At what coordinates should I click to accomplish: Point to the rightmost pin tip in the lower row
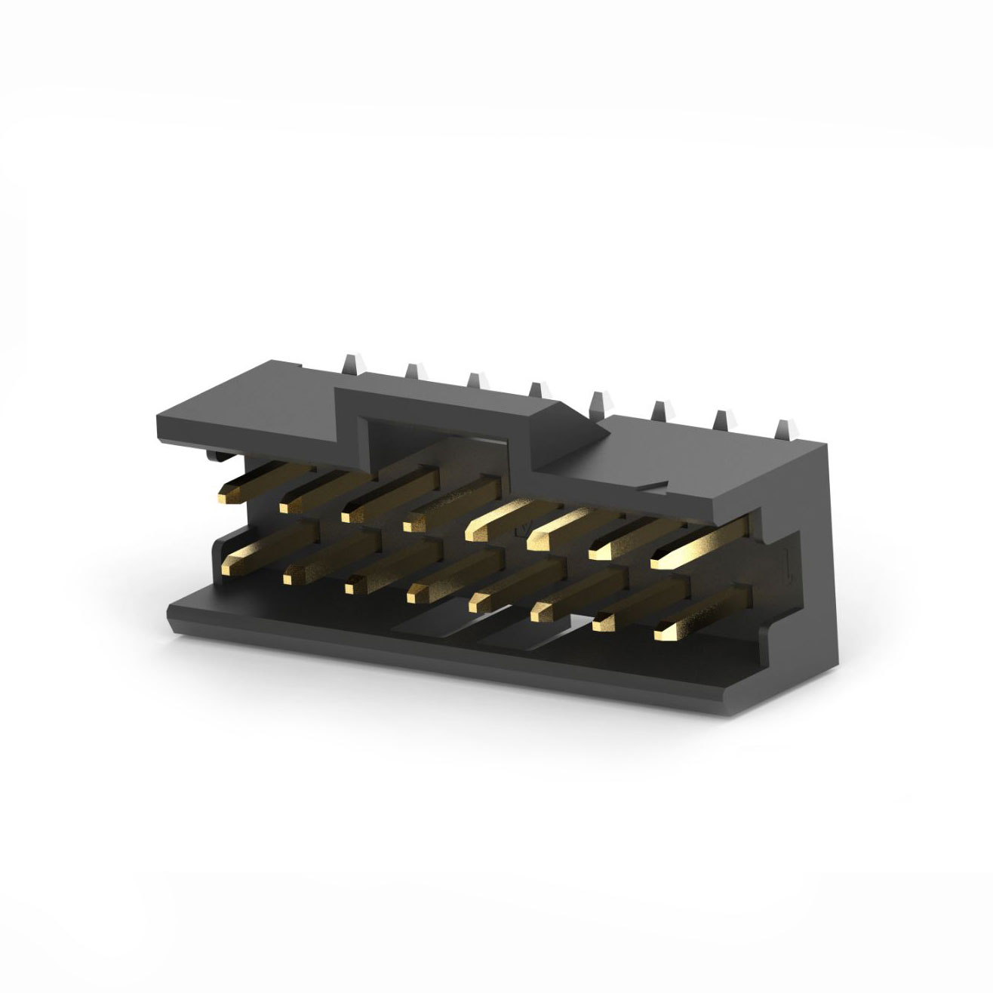[x=663, y=625]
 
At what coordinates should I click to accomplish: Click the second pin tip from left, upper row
[x=286, y=505]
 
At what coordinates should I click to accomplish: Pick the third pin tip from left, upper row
[x=348, y=515]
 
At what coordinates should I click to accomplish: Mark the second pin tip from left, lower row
[x=288, y=578]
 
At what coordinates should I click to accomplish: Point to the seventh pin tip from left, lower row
[x=601, y=623]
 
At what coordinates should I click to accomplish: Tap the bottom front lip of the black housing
[x=453, y=649]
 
